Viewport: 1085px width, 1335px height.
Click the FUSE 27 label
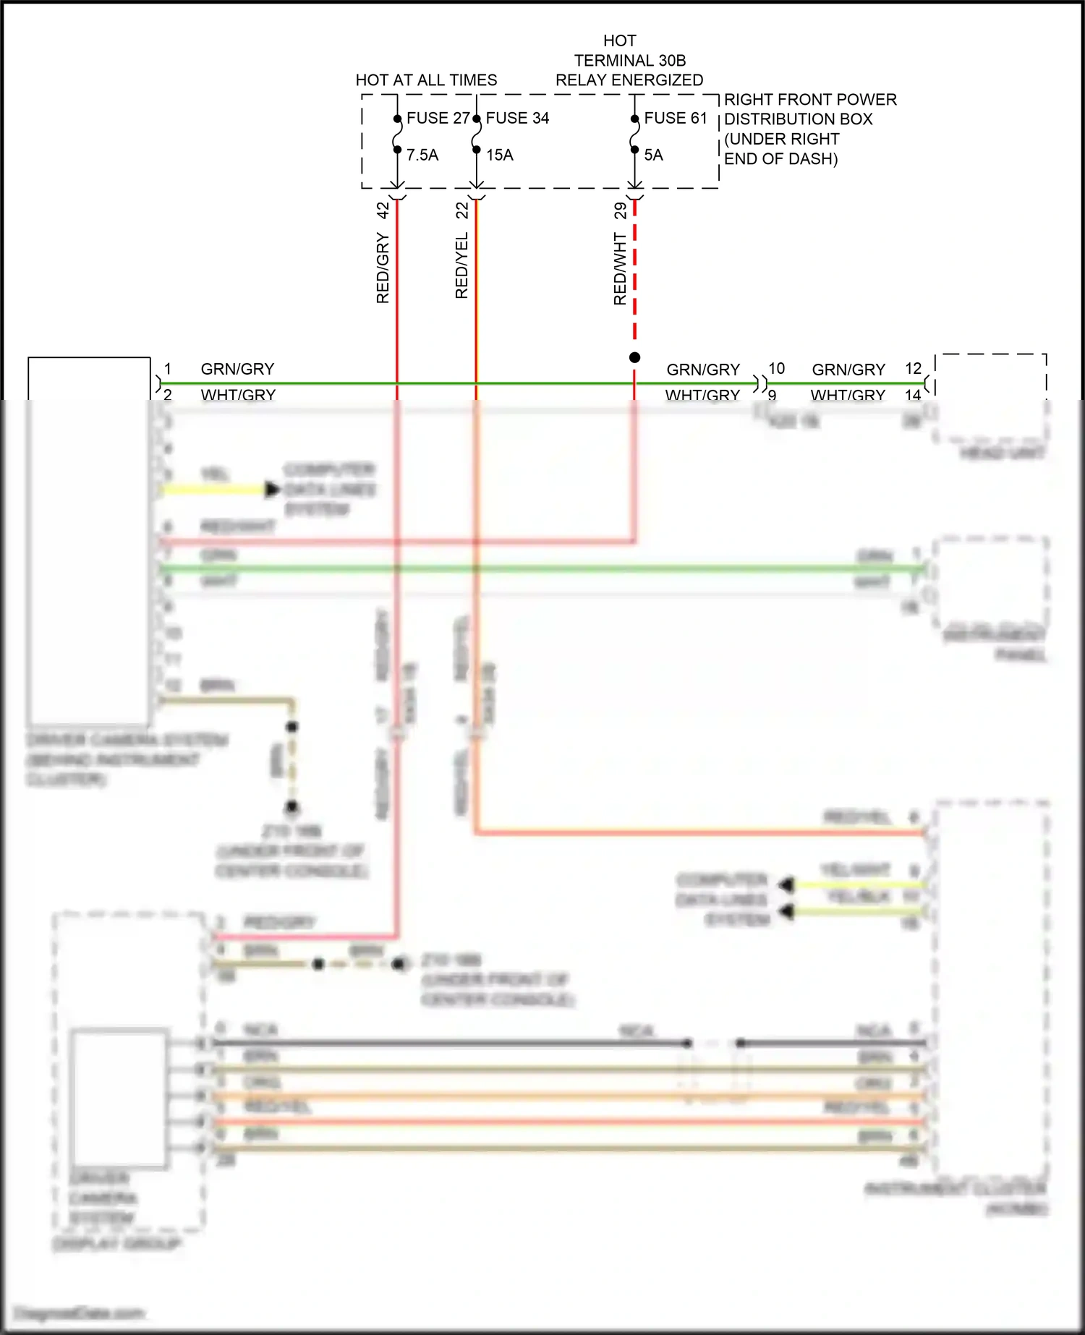(438, 118)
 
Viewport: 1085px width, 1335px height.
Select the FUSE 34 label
(517, 118)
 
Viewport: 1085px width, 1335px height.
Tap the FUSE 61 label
(676, 118)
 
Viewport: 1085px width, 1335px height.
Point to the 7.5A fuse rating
(422, 155)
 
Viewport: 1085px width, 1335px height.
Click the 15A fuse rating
(500, 155)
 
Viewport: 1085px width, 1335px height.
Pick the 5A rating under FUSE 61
(653, 155)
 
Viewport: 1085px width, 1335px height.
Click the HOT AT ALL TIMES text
(426, 80)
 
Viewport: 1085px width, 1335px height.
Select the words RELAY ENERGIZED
(629, 80)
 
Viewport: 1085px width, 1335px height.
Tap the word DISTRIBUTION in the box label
(799, 119)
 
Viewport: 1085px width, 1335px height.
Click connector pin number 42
(383, 210)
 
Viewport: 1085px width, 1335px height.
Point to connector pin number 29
(621, 210)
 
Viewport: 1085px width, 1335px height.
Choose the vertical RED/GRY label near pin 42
(383, 268)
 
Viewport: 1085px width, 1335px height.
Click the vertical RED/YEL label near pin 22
(462, 265)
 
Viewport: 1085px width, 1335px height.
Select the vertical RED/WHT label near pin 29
(621, 269)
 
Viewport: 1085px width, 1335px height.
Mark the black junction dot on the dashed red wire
(634, 357)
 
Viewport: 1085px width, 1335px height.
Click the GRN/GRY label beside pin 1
(237, 370)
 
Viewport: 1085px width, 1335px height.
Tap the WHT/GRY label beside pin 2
(238, 395)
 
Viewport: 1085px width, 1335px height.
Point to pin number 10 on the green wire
(776, 369)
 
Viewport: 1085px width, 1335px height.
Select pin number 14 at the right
(913, 395)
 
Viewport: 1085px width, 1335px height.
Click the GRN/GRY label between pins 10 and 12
(848, 370)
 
